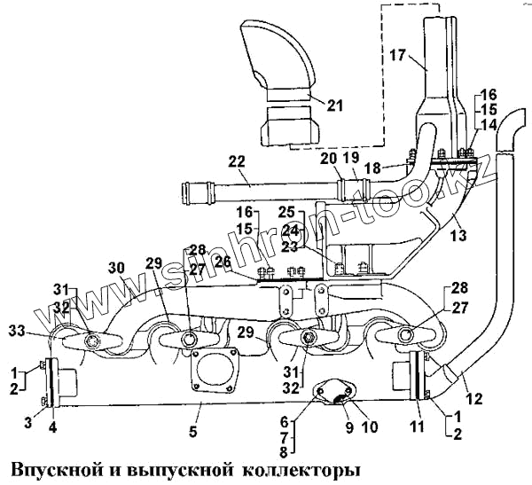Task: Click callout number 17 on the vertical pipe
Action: (397, 55)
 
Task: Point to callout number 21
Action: (333, 106)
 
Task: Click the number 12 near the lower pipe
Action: (475, 399)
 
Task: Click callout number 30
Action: (116, 267)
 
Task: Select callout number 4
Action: (53, 425)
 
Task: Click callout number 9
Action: (349, 426)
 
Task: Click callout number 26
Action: (222, 263)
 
